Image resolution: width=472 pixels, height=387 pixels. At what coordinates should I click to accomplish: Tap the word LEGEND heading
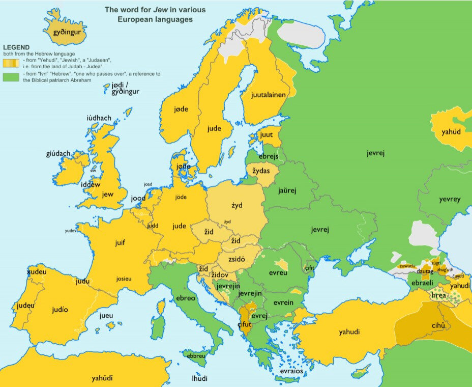pyautogui.click(x=16, y=47)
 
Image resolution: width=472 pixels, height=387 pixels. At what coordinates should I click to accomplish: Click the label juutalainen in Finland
pyautogui.click(x=268, y=95)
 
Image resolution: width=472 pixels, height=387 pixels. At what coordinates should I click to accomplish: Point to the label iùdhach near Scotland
pyautogui.click(x=99, y=118)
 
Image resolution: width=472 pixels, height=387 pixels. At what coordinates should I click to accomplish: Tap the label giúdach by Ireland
pyautogui.click(x=58, y=153)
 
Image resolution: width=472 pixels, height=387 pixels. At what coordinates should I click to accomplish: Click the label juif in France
pyautogui.click(x=120, y=243)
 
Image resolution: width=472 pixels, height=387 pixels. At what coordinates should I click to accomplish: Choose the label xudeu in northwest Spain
pyautogui.click(x=36, y=272)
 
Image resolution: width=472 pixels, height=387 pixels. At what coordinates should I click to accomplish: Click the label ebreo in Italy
pyautogui.click(x=185, y=298)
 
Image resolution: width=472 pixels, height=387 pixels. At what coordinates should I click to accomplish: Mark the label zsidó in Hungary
pyautogui.click(x=236, y=259)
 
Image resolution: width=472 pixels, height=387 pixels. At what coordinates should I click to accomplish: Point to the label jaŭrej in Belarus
pyautogui.click(x=287, y=190)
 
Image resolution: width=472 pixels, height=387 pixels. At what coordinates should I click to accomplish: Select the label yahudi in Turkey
pyautogui.click(x=349, y=332)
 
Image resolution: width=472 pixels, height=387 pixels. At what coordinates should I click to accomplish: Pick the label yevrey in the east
pyautogui.click(x=450, y=200)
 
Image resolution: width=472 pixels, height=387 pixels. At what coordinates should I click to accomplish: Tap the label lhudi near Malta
pyautogui.click(x=199, y=378)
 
